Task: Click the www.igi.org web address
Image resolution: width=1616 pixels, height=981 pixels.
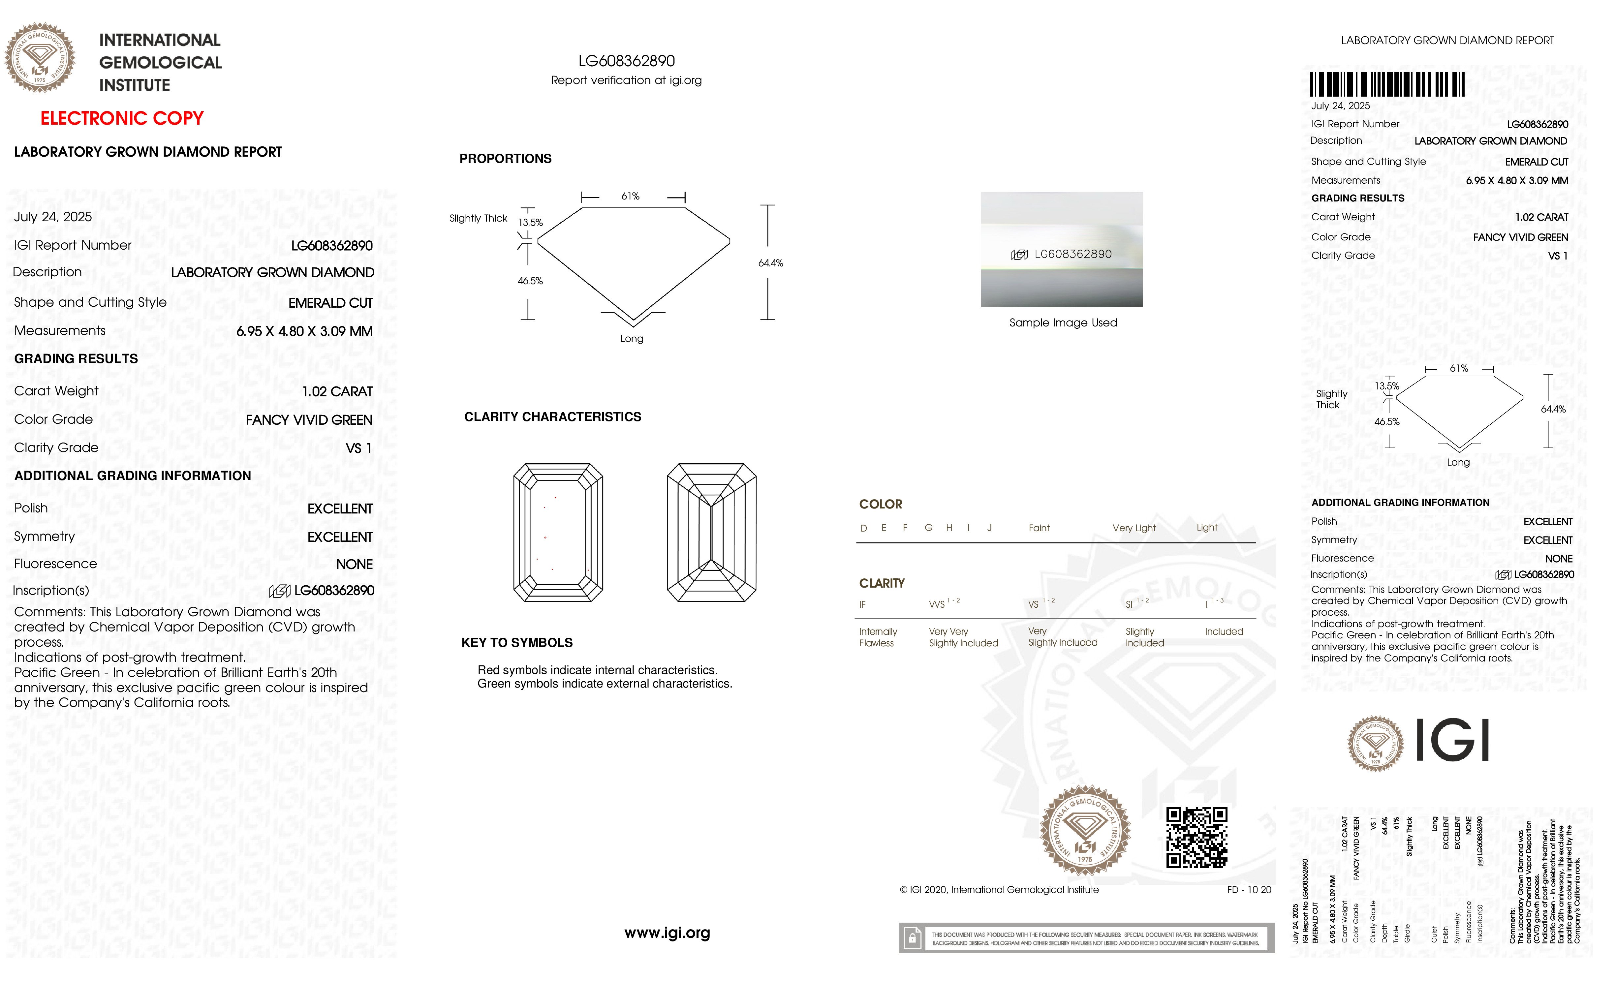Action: (x=667, y=933)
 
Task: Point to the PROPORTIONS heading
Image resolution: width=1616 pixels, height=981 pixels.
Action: (x=505, y=159)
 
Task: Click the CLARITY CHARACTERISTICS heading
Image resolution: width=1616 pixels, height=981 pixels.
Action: (x=552, y=417)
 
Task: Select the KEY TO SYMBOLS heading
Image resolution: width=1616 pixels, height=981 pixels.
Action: (x=517, y=643)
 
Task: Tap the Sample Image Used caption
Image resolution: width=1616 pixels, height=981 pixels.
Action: (x=1063, y=322)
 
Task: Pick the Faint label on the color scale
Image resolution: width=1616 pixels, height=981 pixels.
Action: (x=1039, y=528)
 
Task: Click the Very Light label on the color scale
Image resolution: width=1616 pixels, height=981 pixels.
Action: (x=1134, y=528)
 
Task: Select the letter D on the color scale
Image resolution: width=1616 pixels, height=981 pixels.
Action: (x=864, y=528)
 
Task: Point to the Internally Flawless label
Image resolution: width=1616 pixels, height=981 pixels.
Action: (x=878, y=637)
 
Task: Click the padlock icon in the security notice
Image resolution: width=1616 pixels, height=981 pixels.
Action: (x=912, y=938)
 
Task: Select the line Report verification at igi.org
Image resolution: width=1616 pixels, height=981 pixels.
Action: (x=626, y=81)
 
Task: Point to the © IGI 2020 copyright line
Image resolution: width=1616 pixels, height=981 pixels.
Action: (x=999, y=890)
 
